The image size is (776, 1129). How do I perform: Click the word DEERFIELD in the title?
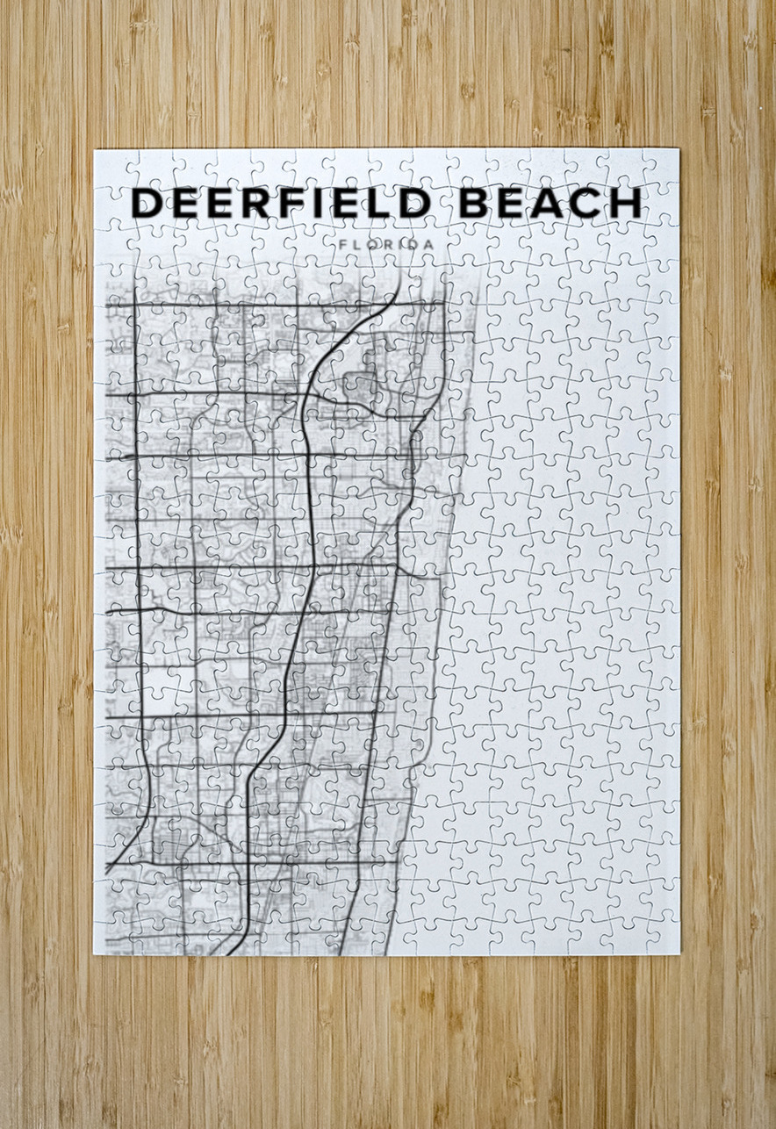coord(280,204)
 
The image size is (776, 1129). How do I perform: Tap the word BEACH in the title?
coord(550,204)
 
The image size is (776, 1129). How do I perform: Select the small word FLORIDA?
coord(385,243)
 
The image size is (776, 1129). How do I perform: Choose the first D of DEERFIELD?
coord(147,204)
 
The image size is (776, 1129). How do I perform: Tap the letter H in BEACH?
coord(627,204)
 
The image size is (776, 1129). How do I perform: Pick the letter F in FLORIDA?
coord(341,243)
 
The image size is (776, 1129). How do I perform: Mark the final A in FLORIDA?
coord(428,243)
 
